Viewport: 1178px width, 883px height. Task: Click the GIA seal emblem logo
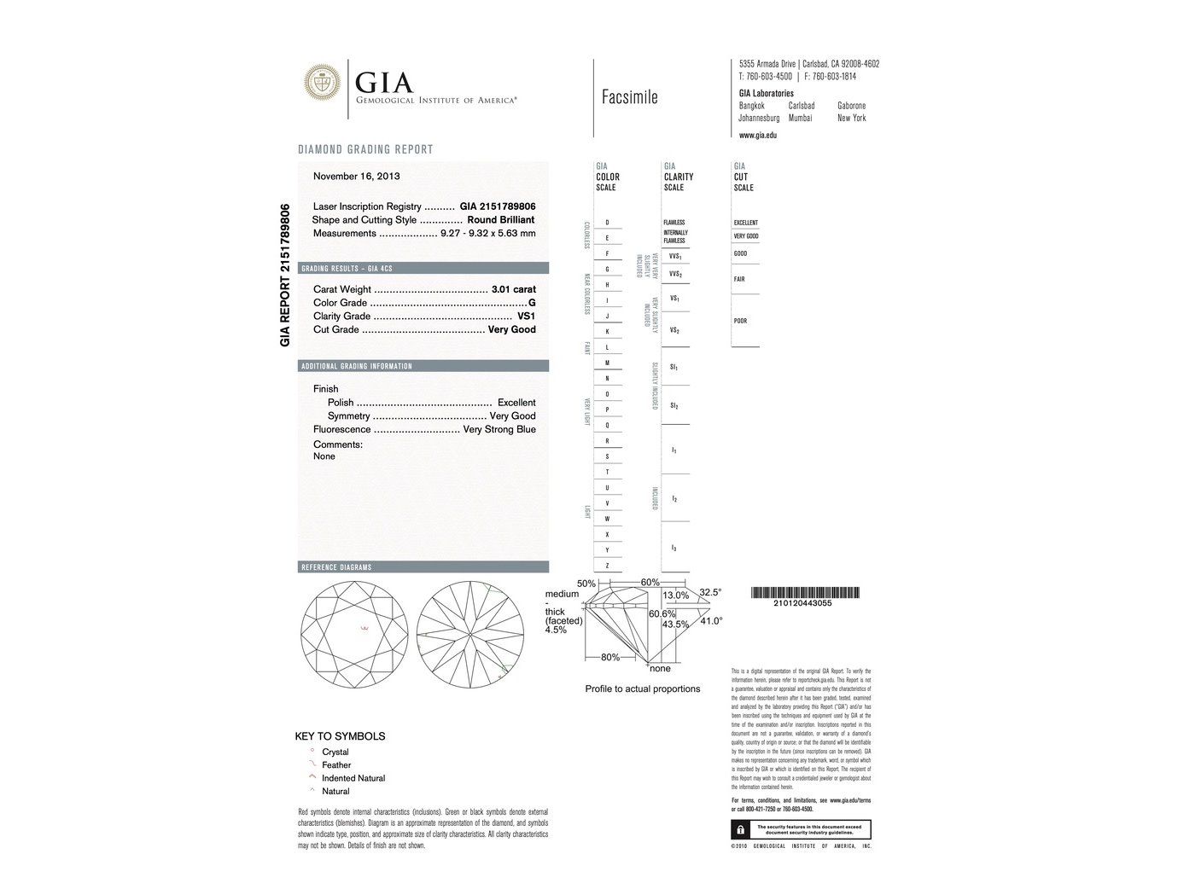[323, 82]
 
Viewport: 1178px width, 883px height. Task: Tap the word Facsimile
[629, 97]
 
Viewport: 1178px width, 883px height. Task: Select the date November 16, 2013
[356, 177]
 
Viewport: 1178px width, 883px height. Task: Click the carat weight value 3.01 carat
[514, 289]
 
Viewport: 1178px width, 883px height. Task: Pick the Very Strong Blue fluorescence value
[499, 430]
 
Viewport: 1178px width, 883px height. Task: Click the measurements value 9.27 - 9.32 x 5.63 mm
[487, 234]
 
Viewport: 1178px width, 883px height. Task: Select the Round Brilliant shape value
[501, 220]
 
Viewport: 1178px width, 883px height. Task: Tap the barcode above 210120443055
[805, 593]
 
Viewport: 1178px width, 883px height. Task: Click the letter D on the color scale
[607, 223]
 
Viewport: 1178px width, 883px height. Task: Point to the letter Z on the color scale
[607, 566]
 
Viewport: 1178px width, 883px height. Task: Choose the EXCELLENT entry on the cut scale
[745, 223]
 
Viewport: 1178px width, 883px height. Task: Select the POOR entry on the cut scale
[740, 321]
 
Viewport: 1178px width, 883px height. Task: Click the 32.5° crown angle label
[710, 591]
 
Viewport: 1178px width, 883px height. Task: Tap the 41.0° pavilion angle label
[711, 621]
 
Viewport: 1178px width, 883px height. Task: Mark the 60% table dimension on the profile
[650, 582]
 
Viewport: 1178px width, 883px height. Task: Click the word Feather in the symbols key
[336, 765]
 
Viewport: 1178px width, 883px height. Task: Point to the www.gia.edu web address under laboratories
[757, 135]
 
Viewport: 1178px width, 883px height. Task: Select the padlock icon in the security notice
[739, 829]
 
